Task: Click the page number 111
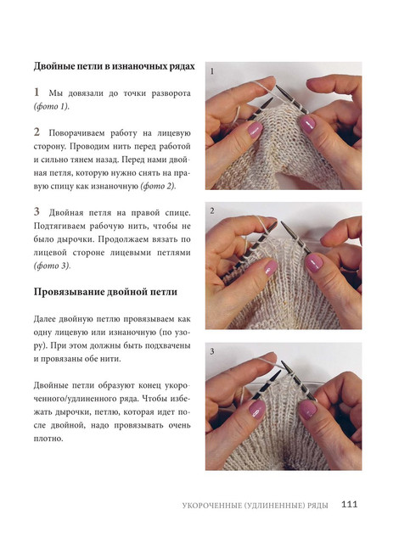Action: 349,504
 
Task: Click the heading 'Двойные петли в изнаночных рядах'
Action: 114,66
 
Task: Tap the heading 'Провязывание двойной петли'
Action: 105,292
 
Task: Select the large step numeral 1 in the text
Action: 37,92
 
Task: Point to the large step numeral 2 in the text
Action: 37,132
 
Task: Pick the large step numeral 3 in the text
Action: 37,211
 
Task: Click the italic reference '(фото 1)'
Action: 52,107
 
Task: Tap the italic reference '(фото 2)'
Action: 158,187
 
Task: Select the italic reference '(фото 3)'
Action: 52,266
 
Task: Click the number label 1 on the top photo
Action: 212,71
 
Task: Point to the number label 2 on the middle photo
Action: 212,211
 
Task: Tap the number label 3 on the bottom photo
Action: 212,352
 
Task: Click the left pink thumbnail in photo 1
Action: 255,130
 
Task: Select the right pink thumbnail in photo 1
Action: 307,125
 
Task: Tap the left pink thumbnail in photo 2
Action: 271,268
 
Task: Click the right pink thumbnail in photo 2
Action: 314,263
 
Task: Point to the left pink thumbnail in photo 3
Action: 257,409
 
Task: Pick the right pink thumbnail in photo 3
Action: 308,410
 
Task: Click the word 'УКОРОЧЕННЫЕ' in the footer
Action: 211,506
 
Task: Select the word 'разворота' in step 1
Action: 171,94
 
